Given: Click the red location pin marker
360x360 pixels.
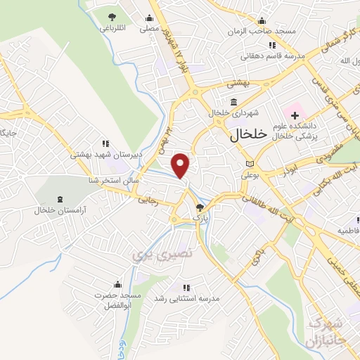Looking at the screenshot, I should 181,166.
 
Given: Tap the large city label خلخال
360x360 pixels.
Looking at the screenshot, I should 248,137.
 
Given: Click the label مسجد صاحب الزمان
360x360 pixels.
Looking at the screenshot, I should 255,32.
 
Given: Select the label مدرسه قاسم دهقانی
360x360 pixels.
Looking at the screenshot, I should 262,56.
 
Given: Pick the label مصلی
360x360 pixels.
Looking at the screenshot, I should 148,30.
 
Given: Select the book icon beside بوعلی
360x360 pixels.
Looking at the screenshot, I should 247,163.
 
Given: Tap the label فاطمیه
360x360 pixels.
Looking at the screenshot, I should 349,230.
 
